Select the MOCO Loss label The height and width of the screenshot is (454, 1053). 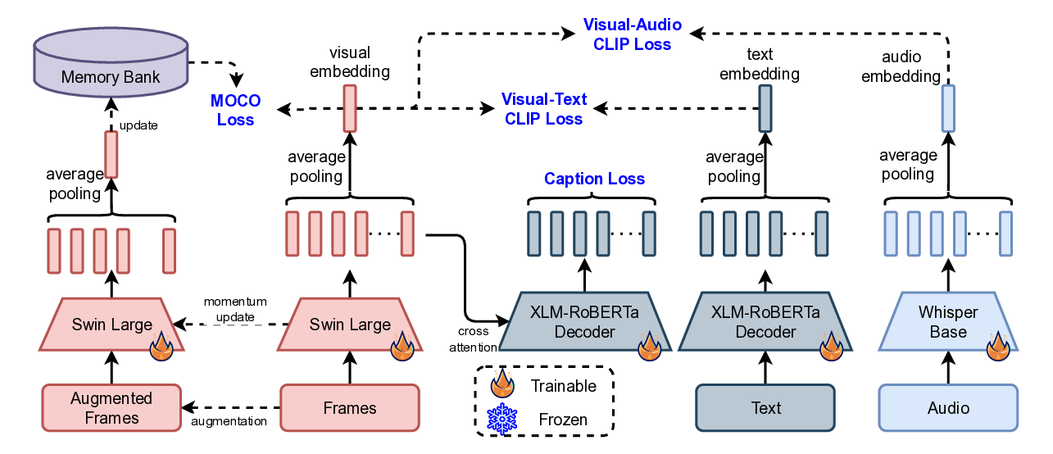tap(235, 110)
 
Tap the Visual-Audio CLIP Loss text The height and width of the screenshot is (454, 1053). tap(632, 35)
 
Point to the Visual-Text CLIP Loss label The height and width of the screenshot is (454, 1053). tap(544, 108)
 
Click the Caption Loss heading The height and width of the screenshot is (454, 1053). tap(594, 179)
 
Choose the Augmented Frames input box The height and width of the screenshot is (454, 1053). tap(111, 408)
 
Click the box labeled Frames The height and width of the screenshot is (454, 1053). tap(350, 408)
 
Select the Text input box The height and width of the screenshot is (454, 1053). tap(765, 408)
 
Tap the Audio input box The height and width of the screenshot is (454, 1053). tap(948, 408)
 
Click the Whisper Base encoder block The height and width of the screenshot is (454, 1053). tap(948, 323)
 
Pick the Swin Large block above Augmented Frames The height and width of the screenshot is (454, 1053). tap(111, 325)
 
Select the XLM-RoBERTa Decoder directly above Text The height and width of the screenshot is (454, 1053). tap(765, 323)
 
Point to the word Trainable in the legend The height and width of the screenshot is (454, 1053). tap(563, 385)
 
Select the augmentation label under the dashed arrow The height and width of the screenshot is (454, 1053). tap(229, 421)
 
